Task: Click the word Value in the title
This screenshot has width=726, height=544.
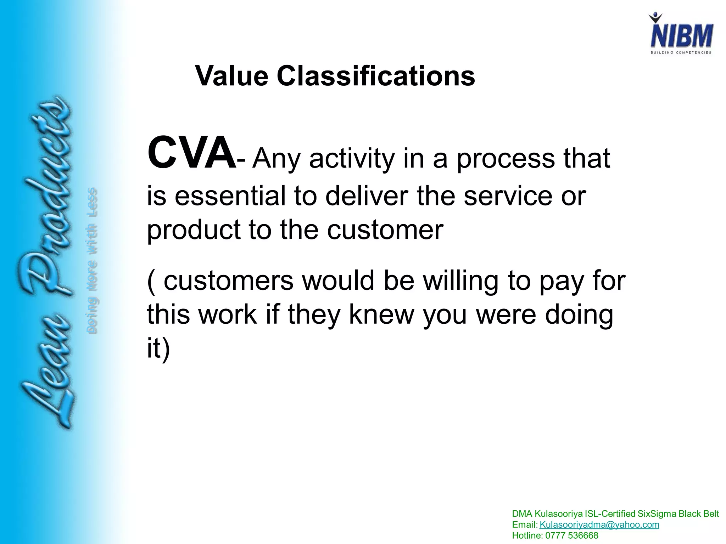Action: tap(231, 76)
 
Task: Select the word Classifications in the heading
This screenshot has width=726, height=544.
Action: tap(376, 76)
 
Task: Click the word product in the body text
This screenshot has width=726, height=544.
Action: tap(194, 230)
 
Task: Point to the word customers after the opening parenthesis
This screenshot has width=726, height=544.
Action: tap(229, 280)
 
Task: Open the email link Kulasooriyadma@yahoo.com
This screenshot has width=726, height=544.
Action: tap(599, 525)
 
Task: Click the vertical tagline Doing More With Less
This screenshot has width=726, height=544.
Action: tap(92, 261)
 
